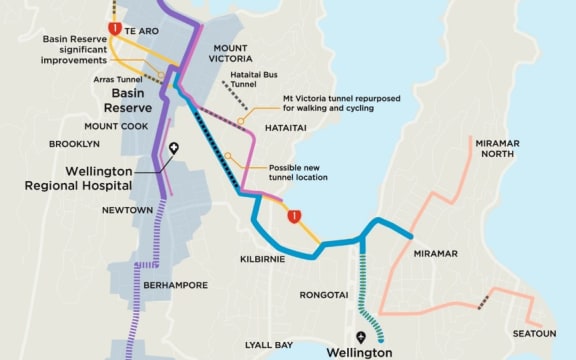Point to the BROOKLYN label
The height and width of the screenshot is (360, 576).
click(x=75, y=144)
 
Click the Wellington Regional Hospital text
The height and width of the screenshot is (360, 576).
click(x=99, y=178)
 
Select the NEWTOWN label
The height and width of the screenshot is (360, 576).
click(x=128, y=210)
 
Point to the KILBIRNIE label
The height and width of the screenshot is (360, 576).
click(x=262, y=259)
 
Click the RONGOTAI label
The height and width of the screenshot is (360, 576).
click(x=324, y=294)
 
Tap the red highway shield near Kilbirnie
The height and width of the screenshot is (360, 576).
click(x=294, y=216)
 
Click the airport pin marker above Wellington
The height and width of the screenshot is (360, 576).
click(x=361, y=338)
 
